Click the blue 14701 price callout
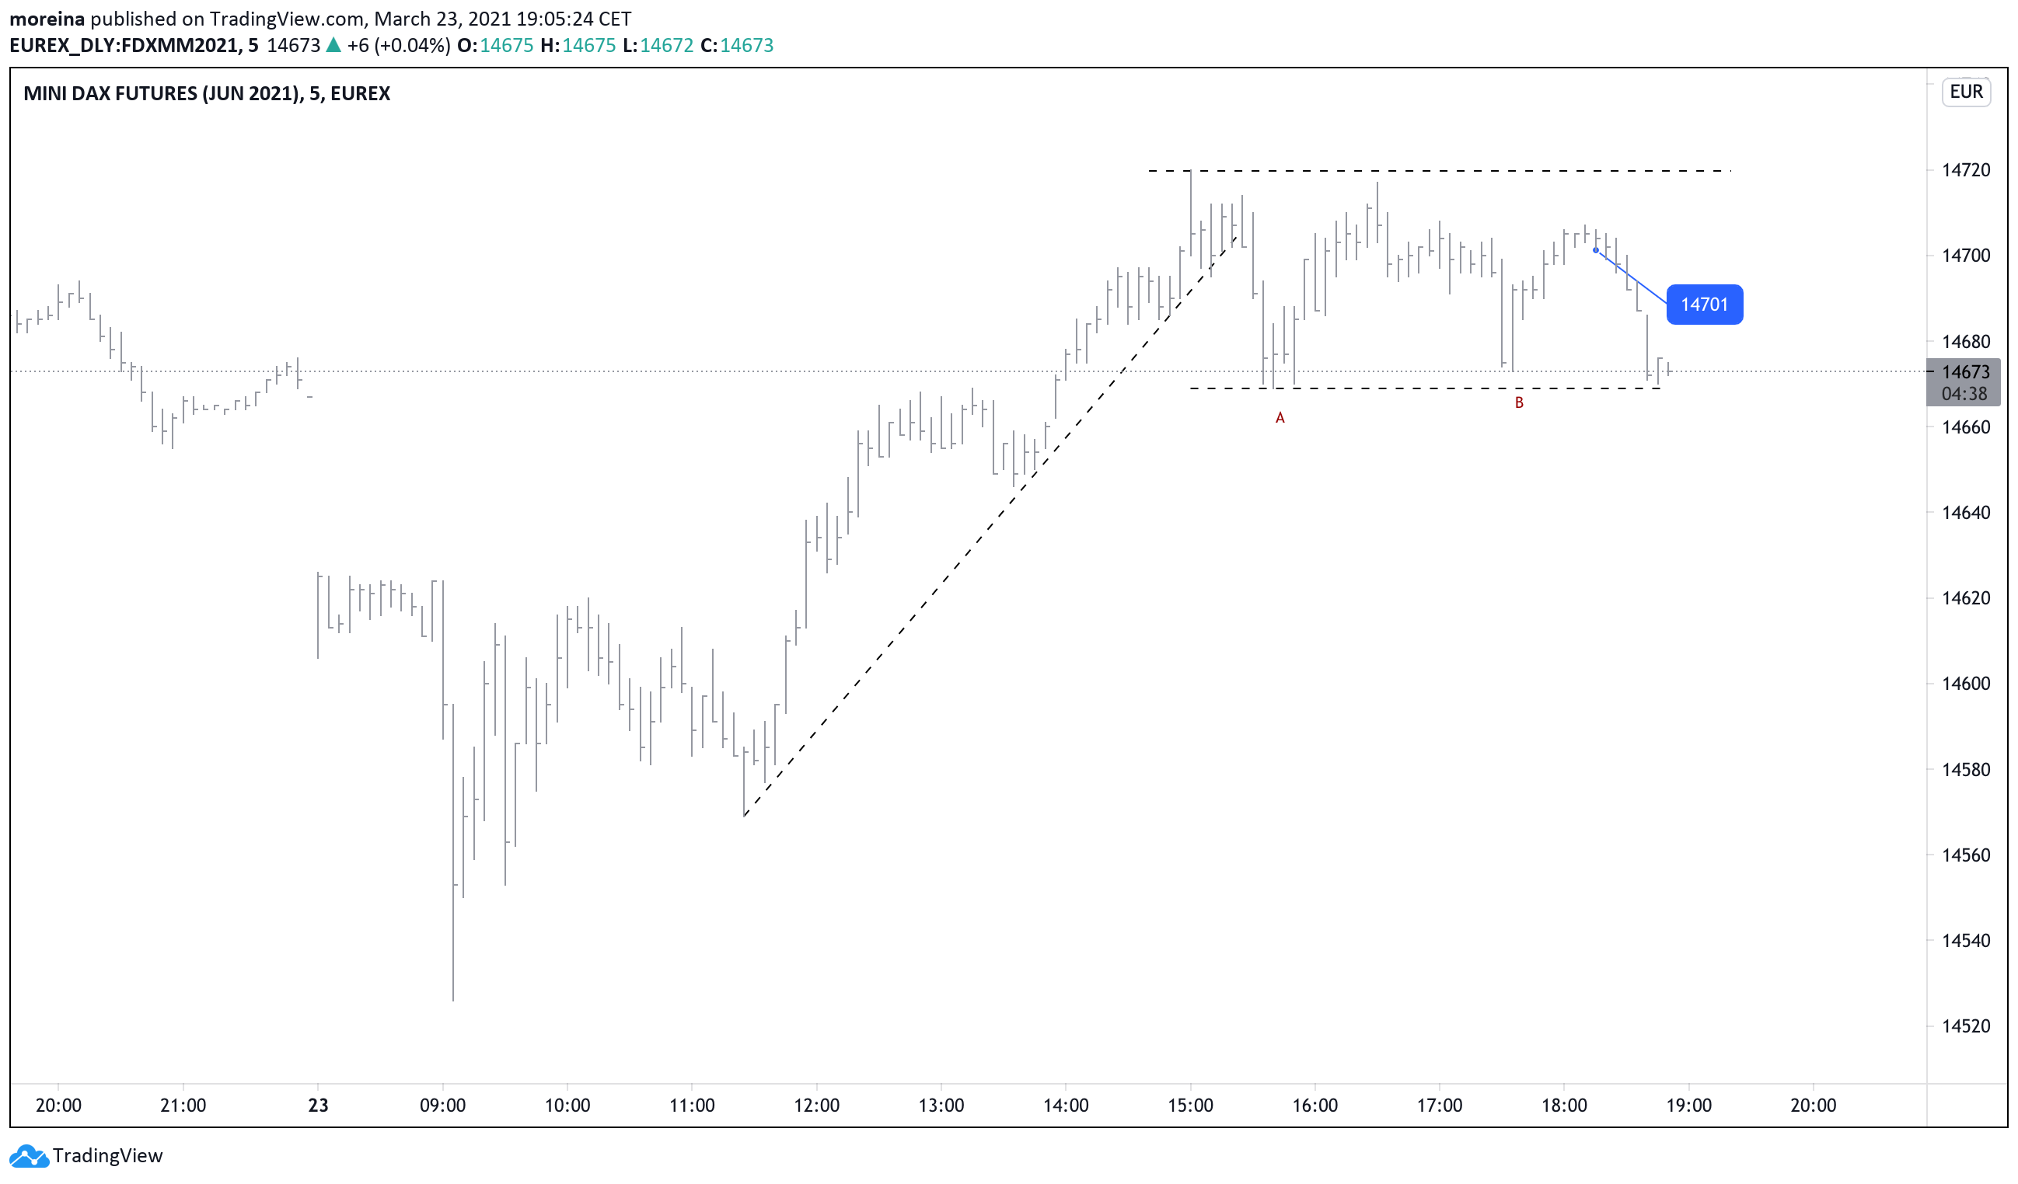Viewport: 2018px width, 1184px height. point(1703,305)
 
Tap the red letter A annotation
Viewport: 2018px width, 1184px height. point(1280,418)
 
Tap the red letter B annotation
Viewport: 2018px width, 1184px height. point(1518,402)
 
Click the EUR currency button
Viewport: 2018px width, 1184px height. point(1965,92)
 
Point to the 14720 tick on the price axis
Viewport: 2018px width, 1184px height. point(1965,169)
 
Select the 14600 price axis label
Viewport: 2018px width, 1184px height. point(1965,684)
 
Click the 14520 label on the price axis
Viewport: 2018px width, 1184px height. point(1965,1026)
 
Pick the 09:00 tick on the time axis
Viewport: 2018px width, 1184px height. point(443,1106)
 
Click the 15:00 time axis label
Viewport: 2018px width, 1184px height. point(1190,1106)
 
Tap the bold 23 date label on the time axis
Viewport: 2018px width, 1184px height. point(318,1106)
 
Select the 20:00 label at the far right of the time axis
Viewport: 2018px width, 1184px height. point(1812,1106)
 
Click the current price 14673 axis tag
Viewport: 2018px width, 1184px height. point(1965,372)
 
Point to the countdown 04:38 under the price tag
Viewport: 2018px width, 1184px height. point(1964,394)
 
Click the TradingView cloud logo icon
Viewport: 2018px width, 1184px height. point(29,1156)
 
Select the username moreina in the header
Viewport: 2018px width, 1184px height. point(47,19)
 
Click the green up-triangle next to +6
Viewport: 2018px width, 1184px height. point(333,46)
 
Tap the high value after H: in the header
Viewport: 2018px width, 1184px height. point(588,46)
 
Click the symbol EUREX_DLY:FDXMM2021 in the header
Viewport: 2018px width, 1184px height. point(124,46)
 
